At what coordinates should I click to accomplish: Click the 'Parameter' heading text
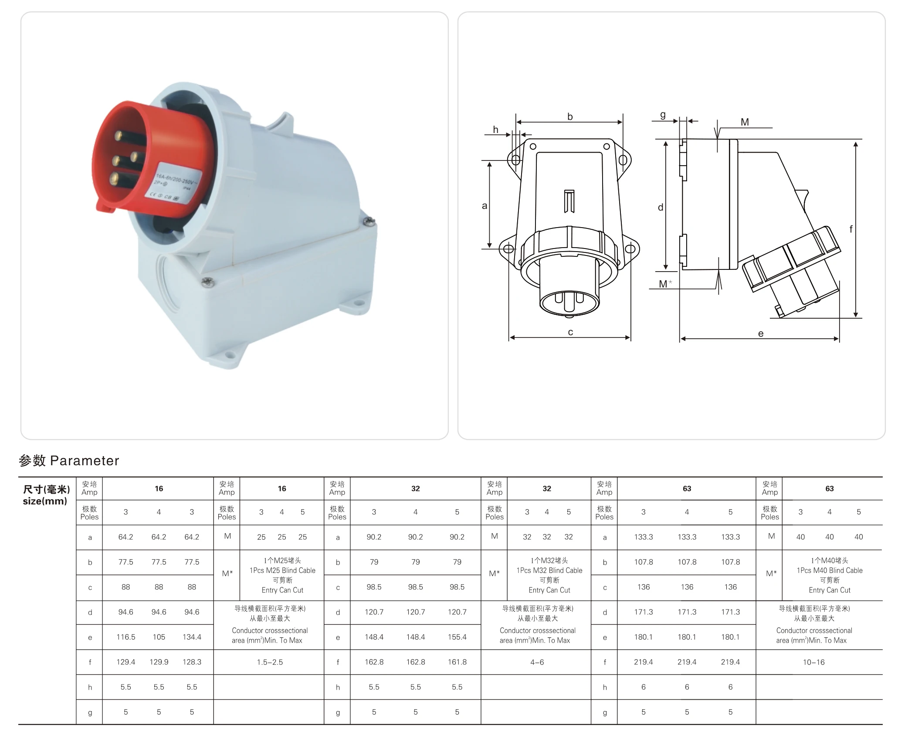click(x=85, y=461)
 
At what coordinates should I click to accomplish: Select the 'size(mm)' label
click(x=45, y=501)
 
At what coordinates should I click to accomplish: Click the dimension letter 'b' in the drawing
click(x=570, y=116)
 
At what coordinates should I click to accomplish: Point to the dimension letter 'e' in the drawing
click(x=761, y=334)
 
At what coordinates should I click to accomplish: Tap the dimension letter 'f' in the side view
click(x=851, y=228)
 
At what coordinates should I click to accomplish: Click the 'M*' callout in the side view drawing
click(x=665, y=284)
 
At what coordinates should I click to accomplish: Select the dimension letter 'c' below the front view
click(x=570, y=332)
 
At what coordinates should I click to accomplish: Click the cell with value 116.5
click(x=125, y=637)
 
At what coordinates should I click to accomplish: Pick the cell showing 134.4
click(x=192, y=637)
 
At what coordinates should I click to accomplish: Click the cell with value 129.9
click(x=159, y=662)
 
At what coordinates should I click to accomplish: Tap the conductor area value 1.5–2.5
click(x=270, y=662)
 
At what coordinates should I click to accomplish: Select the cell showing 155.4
click(x=457, y=637)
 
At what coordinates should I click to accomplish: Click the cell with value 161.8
click(x=457, y=662)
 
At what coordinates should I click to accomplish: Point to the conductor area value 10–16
click(x=813, y=662)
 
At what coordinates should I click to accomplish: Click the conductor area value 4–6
click(x=537, y=662)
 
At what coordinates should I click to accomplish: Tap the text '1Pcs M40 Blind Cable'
click(x=829, y=570)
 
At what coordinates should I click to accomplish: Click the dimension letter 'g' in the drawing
click(x=663, y=115)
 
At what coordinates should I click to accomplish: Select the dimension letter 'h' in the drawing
click(x=495, y=129)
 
